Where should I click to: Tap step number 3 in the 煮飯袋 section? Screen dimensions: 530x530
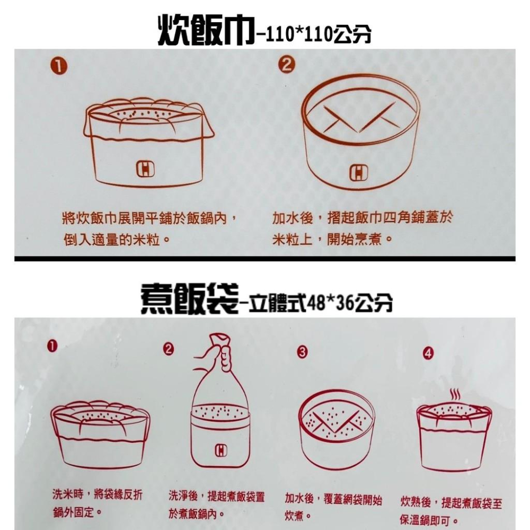[302, 351]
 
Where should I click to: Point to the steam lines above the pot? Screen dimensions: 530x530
[454, 395]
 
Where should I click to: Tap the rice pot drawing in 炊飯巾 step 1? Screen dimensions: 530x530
[149, 142]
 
